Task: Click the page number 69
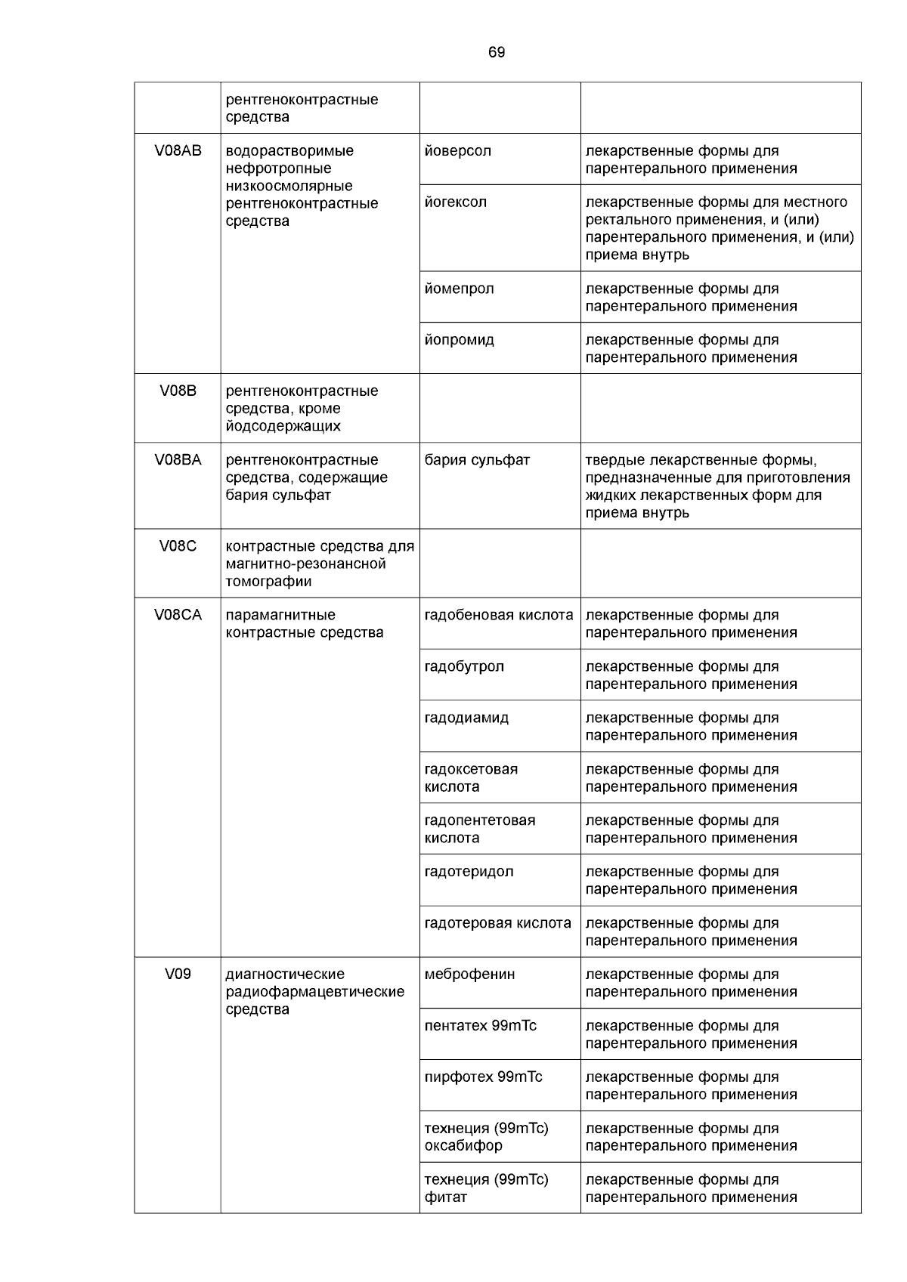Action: coord(497,52)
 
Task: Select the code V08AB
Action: coord(178,150)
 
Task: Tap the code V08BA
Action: coord(178,459)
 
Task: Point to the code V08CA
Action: coord(178,615)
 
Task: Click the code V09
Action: coord(178,974)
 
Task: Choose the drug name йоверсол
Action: coord(458,150)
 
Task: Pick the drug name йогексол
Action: coord(456,202)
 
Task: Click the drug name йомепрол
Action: coord(460,289)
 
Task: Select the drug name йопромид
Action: coord(460,340)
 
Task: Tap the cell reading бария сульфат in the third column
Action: coord(477,459)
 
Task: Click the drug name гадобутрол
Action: coord(464,666)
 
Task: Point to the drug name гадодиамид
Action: coord(466,718)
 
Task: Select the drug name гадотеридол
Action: coord(469,871)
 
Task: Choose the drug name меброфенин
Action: coord(469,974)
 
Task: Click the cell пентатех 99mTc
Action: coord(481,1025)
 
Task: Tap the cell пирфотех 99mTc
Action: coord(483,1077)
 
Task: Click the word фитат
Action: coord(446,1197)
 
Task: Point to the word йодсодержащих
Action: coord(283,425)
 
